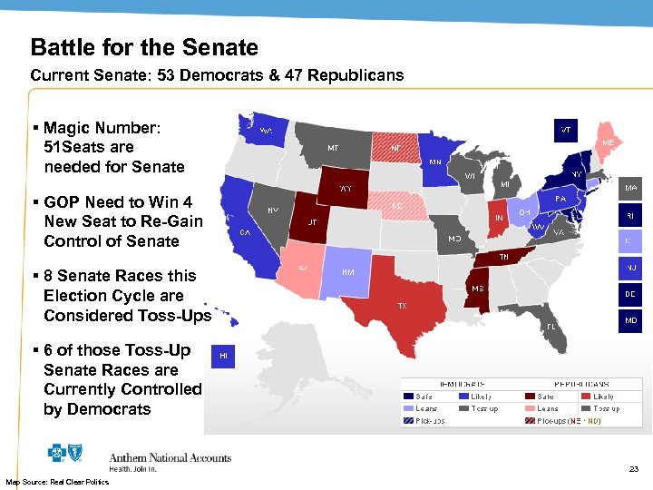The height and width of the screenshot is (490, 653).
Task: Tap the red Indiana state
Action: click(498, 218)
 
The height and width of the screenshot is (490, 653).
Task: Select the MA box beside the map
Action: click(630, 190)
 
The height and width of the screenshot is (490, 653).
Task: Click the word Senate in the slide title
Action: click(219, 48)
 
